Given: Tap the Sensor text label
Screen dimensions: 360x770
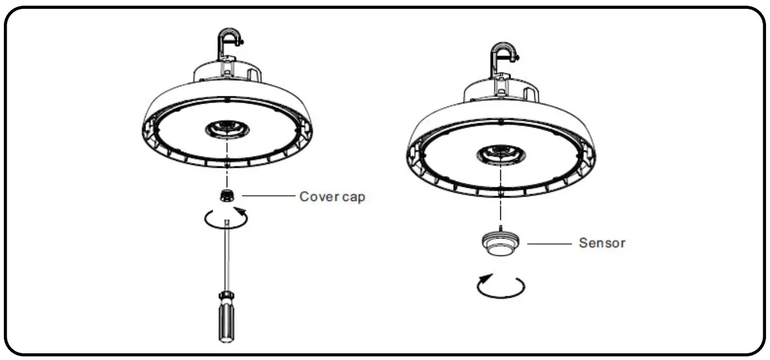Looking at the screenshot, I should coord(602,243).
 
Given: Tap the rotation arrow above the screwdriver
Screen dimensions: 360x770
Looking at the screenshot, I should coord(226,218).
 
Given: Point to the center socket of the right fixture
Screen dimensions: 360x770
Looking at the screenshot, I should coord(501,153).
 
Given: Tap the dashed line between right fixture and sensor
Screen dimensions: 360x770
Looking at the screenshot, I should coord(501,201).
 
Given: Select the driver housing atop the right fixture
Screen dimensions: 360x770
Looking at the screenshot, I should coord(501,89).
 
